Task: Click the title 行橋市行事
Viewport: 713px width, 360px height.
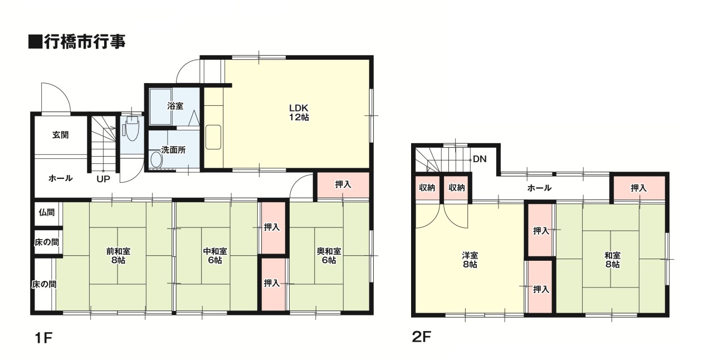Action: pyautogui.click(x=85, y=42)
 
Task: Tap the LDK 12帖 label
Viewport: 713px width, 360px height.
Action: pyautogui.click(x=299, y=113)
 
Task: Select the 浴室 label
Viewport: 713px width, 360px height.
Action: pyautogui.click(x=175, y=106)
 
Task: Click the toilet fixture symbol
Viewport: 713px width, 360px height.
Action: pyautogui.click(x=132, y=128)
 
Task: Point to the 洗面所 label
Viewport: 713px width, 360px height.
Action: pyautogui.click(x=173, y=150)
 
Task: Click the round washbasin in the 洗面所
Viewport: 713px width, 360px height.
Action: pyautogui.click(x=157, y=159)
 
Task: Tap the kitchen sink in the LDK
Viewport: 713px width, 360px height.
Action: pyautogui.click(x=213, y=137)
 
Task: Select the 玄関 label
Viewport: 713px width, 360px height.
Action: pyautogui.click(x=61, y=135)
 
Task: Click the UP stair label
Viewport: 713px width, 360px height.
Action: pyautogui.click(x=103, y=179)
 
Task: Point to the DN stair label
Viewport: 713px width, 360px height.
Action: pyautogui.click(x=480, y=159)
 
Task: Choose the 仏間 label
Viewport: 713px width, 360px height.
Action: pyautogui.click(x=47, y=212)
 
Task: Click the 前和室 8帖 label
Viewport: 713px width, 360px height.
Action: pyautogui.click(x=118, y=256)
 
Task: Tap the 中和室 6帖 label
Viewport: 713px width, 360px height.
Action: pyautogui.click(x=215, y=256)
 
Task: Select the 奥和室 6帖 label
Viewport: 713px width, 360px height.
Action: pyautogui.click(x=329, y=256)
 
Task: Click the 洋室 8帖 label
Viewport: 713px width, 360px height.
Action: pyautogui.click(x=470, y=260)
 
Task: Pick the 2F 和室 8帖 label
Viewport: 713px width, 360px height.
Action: pyautogui.click(x=612, y=260)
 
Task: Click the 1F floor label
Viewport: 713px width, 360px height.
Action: pyautogui.click(x=43, y=338)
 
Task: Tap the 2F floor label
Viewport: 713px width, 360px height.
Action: pyautogui.click(x=422, y=337)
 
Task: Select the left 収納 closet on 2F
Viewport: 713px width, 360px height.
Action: pyautogui.click(x=427, y=188)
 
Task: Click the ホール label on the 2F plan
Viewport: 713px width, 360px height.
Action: pyautogui.click(x=539, y=188)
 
